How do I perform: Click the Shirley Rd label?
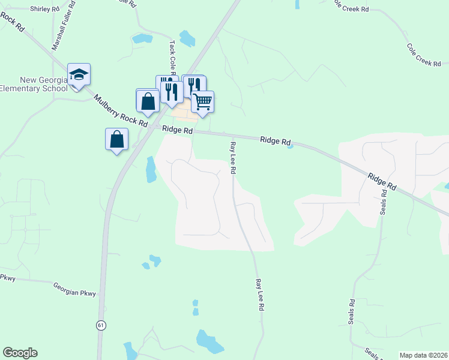pyautogui.click(x=44, y=9)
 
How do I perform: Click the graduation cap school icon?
pyautogui.click(x=79, y=74)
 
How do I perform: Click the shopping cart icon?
pyautogui.click(x=202, y=101)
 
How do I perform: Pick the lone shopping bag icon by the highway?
pyautogui.click(x=116, y=139)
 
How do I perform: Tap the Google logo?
pyautogui.click(x=20, y=353)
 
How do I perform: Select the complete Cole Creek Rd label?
pyautogui.click(x=424, y=55)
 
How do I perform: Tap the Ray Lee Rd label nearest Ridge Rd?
pyautogui.click(x=232, y=158)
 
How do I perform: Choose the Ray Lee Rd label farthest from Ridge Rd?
pyautogui.click(x=260, y=294)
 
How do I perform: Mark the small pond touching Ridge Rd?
pyautogui.click(x=290, y=146)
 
